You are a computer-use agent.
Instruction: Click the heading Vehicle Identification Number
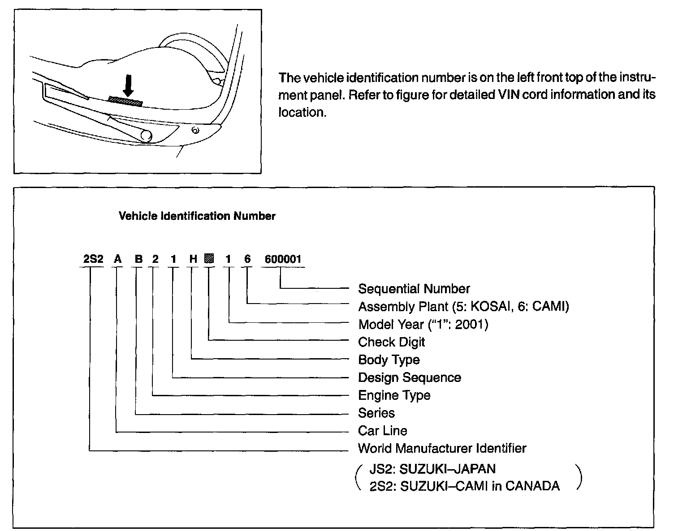click(197, 216)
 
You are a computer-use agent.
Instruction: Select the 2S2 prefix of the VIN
click(93, 259)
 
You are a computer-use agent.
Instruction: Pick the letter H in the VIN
click(193, 259)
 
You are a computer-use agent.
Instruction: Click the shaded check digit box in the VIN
click(209, 258)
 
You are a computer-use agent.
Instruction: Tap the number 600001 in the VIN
click(283, 259)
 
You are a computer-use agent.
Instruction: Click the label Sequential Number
click(414, 289)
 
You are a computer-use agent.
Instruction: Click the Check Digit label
click(391, 342)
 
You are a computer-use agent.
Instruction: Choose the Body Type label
click(389, 360)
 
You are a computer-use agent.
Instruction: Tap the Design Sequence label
click(409, 377)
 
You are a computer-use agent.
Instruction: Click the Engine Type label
click(394, 395)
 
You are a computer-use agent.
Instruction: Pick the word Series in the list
click(376, 413)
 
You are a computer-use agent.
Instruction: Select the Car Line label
click(382, 431)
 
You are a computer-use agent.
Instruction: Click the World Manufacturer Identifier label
click(442, 448)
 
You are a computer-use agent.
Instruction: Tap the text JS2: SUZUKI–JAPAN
click(432, 469)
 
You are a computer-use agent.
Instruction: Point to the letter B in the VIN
click(138, 259)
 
